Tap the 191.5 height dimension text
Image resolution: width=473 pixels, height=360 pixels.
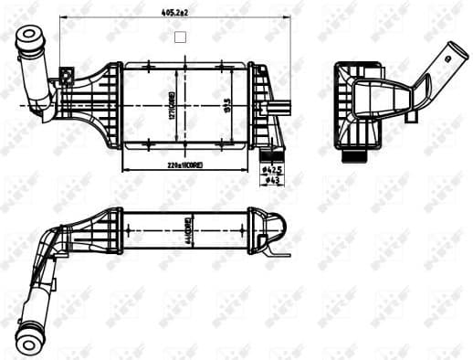[226, 109]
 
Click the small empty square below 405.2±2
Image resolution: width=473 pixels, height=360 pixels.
[179, 38]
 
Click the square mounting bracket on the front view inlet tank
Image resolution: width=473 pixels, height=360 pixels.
[66, 77]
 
